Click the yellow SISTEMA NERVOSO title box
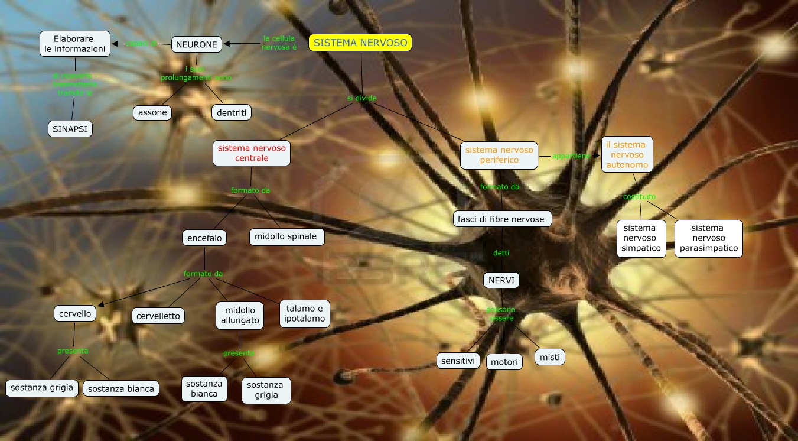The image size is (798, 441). click(x=360, y=43)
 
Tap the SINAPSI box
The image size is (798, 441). click(x=70, y=128)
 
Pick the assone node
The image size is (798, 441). click(x=152, y=112)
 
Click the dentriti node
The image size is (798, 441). click(x=231, y=112)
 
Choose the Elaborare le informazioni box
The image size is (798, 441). click(x=75, y=44)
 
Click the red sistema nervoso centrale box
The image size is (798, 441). click(x=252, y=153)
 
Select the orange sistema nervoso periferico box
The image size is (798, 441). click(x=499, y=155)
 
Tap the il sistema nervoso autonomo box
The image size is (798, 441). click(x=627, y=154)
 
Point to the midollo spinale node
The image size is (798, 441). click(x=286, y=236)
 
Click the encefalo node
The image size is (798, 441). click(x=204, y=238)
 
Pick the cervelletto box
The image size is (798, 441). click(x=158, y=316)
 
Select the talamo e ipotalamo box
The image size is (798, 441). click(x=304, y=313)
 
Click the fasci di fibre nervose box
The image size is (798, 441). click(x=501, y=219)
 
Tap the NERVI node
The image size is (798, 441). click(x=501, y=280)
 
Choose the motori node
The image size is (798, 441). click(x=504, y=362)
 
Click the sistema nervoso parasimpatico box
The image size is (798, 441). click(x=708, y=238)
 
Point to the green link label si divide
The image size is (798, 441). click(x=361, y=98)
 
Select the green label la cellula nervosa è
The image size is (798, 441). click(x=279, y=43)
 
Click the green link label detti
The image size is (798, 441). click(x=501, y=253)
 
